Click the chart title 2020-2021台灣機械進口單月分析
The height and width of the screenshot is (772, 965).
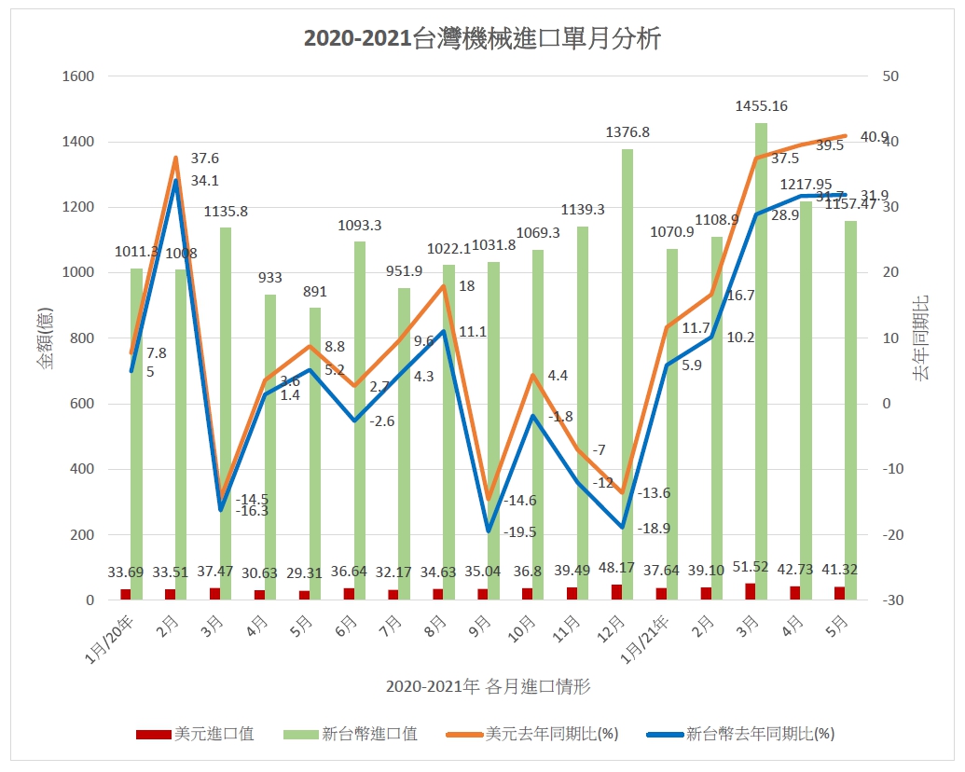482,38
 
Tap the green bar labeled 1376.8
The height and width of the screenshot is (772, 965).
627,374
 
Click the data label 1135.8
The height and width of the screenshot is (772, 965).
226,212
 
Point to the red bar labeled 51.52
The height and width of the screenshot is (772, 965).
749,591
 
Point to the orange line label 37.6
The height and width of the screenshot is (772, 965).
204,159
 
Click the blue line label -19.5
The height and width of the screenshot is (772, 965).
519,532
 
